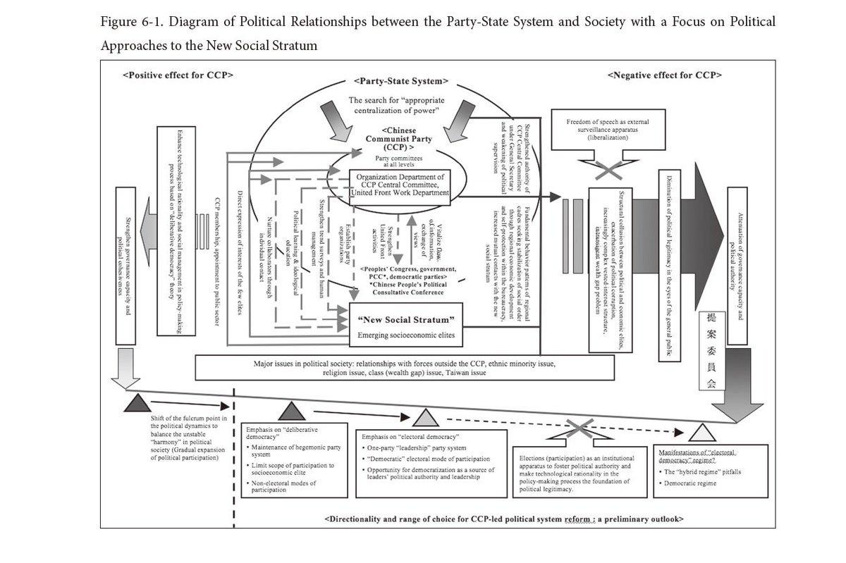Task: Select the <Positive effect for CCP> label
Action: [x=178, y=74]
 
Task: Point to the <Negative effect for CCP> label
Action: [x=666, y=74]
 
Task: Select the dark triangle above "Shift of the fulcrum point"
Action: [x=136, y=404]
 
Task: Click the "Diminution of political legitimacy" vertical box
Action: [x=666, y=266]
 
